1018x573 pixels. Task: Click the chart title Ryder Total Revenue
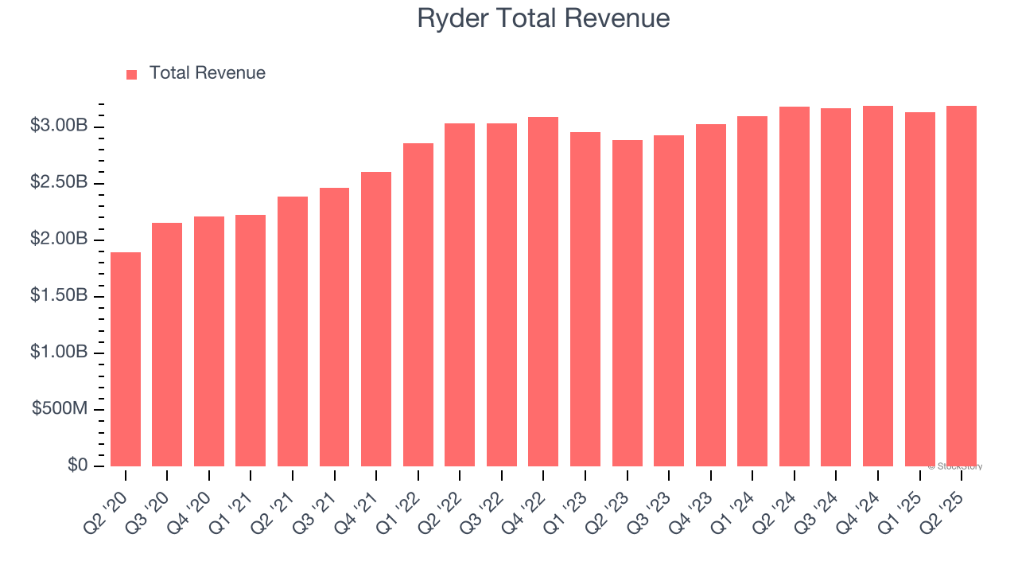point(543,18)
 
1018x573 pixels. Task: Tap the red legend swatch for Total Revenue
point(132,74)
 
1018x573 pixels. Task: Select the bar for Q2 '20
point(126,359)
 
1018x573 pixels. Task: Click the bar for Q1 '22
point(418,305)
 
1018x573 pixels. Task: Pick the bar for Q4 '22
point(543,291)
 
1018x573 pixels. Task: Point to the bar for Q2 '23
point(627,303)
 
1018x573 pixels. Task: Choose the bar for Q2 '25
point(962,286)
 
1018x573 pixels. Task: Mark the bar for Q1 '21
point(251,341)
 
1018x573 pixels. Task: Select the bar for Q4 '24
point(878,286)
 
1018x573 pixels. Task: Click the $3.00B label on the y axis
point(59,127)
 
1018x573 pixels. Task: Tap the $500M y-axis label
point(60,409)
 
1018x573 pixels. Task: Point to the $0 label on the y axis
point(77,466)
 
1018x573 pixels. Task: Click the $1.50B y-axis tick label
point(59,296)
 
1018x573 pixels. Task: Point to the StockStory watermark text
point(955,466)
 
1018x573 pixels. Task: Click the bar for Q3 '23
point(669,301)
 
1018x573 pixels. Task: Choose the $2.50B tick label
point(59,183)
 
